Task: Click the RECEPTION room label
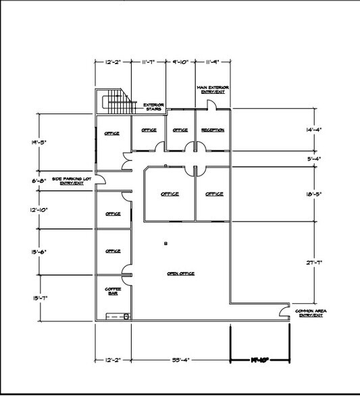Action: tap(212, 130)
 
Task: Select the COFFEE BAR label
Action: tap(112, 292)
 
